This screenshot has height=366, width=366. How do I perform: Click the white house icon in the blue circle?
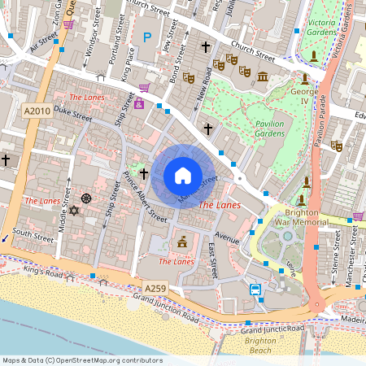pos(183,175)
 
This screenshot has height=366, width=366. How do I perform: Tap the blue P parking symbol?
pos(147,37)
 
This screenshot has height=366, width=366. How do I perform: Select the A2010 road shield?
pos(37,111)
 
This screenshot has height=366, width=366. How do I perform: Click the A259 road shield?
pos(156,289)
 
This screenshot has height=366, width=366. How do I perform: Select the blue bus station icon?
pos(255,290)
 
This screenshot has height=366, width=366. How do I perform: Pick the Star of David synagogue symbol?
pos(72,211)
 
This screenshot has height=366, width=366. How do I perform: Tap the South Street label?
pos(33,233)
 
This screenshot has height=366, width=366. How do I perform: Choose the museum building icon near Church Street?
pos(262,76)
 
